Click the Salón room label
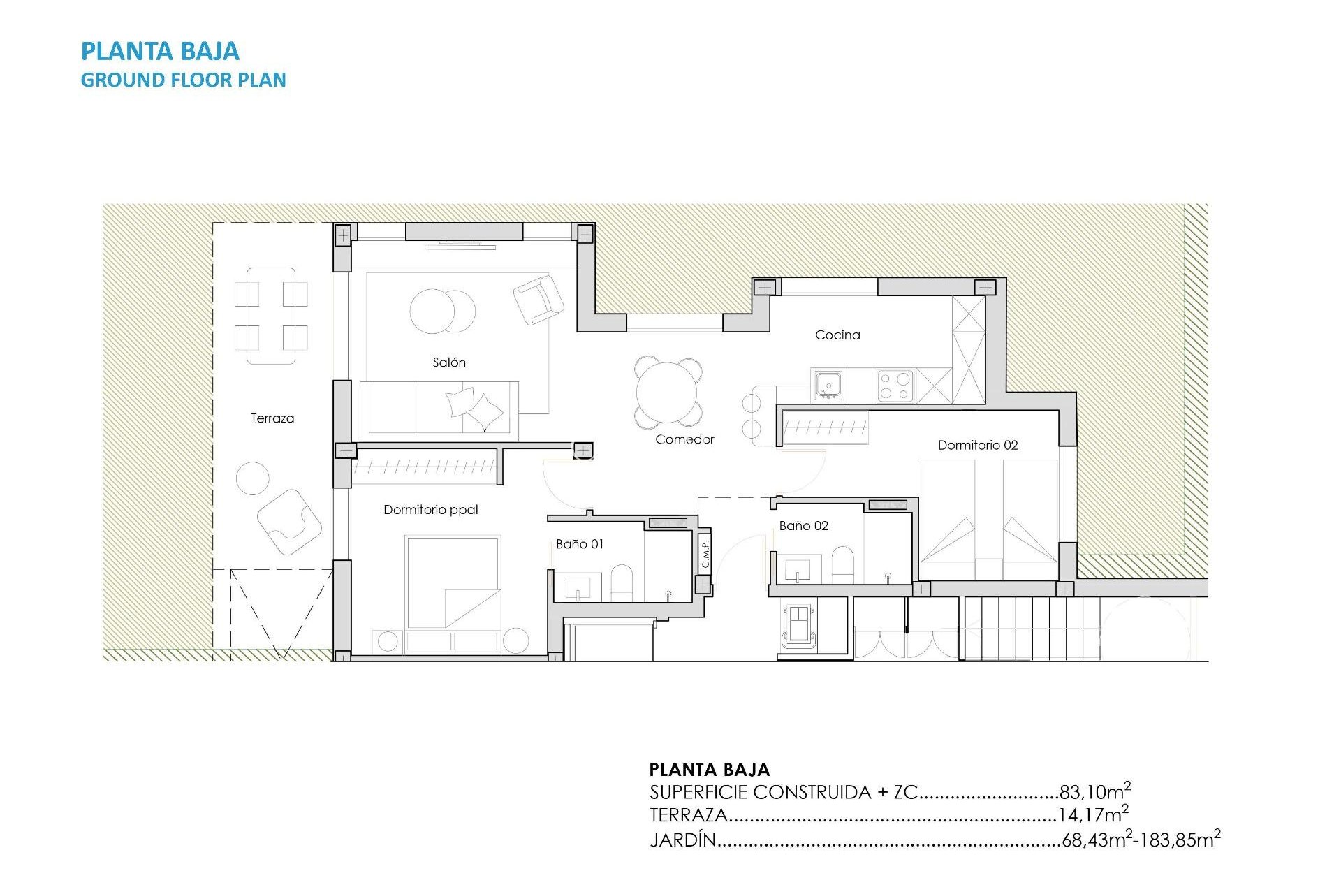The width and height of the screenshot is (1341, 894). pos(448,362)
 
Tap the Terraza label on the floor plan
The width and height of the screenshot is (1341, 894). pos(272,418)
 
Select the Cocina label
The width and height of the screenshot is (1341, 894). pos(837,335)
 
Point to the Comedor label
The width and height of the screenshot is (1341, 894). pos(684,439)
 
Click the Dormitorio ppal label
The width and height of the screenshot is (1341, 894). pos(430,510)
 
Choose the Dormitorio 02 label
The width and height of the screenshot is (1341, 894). pos(977,445)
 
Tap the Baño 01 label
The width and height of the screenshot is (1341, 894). pos(580,544)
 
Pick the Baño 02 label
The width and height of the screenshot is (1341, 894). pos(803,526)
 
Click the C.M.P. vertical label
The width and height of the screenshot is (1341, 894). pos(705,552)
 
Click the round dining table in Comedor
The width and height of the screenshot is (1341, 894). pos(668,393)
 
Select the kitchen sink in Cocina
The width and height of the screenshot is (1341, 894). pos(828,385)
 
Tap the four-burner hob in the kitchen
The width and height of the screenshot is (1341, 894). pos(895,386)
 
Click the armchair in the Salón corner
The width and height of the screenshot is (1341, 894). pos(538,300)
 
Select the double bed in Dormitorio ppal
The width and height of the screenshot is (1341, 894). pos(453,582)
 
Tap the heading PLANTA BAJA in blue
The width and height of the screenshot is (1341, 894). pos(160,51)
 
